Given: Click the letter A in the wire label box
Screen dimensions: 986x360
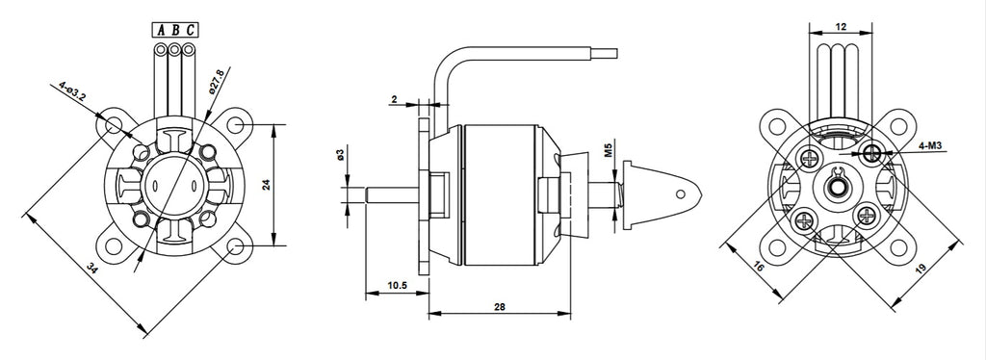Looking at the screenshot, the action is tap(161, 30).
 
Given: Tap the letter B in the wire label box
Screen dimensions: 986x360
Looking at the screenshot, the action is tap(175, 30).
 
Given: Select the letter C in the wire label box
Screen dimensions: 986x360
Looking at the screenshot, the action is tap(191, 30).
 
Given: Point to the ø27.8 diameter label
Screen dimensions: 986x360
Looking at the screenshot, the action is tap(216, 82).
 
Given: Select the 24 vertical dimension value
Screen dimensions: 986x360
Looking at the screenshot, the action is tap(266, 185).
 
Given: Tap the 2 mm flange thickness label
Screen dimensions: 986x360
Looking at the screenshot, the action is tap(394, 100).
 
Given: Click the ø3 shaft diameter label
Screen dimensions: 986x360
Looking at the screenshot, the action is tap(340, 155).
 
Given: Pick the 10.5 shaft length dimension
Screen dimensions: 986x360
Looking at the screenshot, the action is tap(397, 285).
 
